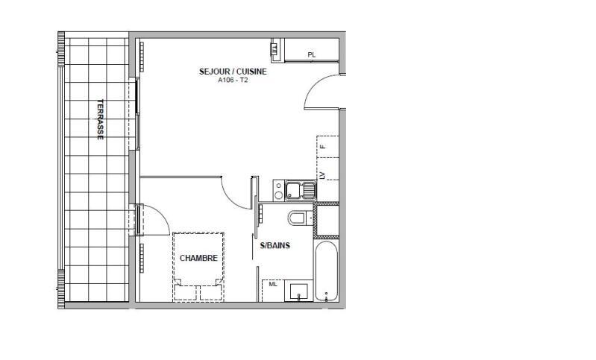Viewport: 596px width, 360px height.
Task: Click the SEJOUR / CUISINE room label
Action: (233, 72)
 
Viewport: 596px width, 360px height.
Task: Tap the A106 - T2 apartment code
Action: (233, 80)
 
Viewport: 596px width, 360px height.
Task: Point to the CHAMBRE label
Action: (198, 258)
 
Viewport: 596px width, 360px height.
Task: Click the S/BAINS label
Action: (275, 245)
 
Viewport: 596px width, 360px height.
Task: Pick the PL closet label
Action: (311, 54)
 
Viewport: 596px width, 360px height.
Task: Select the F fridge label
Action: (324, 147)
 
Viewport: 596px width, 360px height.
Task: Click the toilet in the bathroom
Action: (298, 218)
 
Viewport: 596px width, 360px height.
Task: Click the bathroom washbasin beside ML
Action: (299, 291)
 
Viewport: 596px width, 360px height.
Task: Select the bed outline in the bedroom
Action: (198, 266)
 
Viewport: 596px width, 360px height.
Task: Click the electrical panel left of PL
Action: (274, 51)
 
